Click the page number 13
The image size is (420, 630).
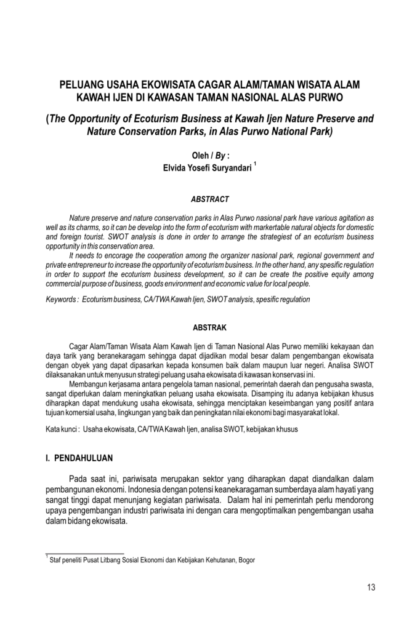[370, 587]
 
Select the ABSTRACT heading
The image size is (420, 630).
[210, 199]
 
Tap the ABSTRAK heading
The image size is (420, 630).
[210, 328]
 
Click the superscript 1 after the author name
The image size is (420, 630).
[255, 163]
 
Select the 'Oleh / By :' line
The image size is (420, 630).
[210, 155]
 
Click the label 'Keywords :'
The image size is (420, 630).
[62, 300]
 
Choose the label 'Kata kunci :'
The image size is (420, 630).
[62, 429]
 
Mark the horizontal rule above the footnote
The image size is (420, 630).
[85, 554]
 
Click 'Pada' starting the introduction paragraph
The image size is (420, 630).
[78, 479]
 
